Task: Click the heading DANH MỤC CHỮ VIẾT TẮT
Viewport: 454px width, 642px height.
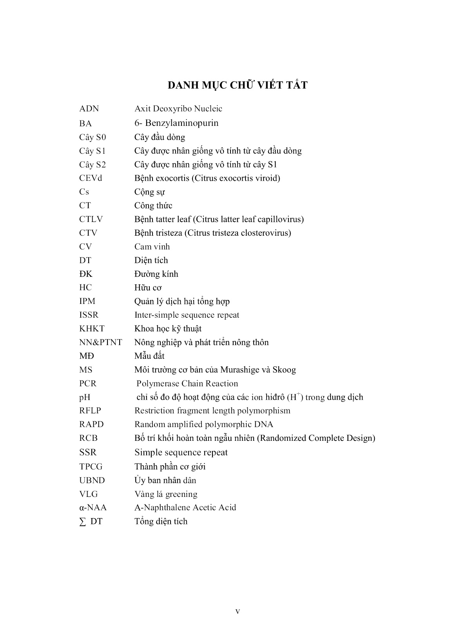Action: click(237, 85)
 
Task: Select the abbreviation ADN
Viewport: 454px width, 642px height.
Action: click(89, 109)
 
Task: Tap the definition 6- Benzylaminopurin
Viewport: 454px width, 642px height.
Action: click(176, 123)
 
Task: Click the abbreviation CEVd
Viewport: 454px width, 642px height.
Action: click(91, 178)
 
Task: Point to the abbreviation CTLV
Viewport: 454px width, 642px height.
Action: click(91, 219)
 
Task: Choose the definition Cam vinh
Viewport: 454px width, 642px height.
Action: click(152, 247)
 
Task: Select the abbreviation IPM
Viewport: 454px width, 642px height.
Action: click(87, 301)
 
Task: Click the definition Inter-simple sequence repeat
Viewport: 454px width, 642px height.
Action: click(187, 315)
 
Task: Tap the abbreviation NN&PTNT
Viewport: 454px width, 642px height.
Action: click(101, 342)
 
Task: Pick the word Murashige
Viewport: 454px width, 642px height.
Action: click(239, 370)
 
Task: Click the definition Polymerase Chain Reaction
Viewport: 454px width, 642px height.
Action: click(187, 384)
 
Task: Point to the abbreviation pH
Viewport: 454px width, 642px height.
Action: click(85, 397)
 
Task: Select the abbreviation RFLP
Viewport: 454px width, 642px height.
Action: click(90, 411)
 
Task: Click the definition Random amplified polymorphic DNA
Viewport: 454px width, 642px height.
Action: click(204, 424)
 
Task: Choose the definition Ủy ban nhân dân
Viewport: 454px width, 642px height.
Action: click(165, 480)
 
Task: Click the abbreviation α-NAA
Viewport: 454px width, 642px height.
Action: click(93, 507)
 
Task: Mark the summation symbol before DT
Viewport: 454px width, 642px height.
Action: click(82, 522)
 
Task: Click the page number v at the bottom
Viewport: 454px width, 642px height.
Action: click(238, 611)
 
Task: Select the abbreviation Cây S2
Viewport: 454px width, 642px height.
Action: click(93, 164)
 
